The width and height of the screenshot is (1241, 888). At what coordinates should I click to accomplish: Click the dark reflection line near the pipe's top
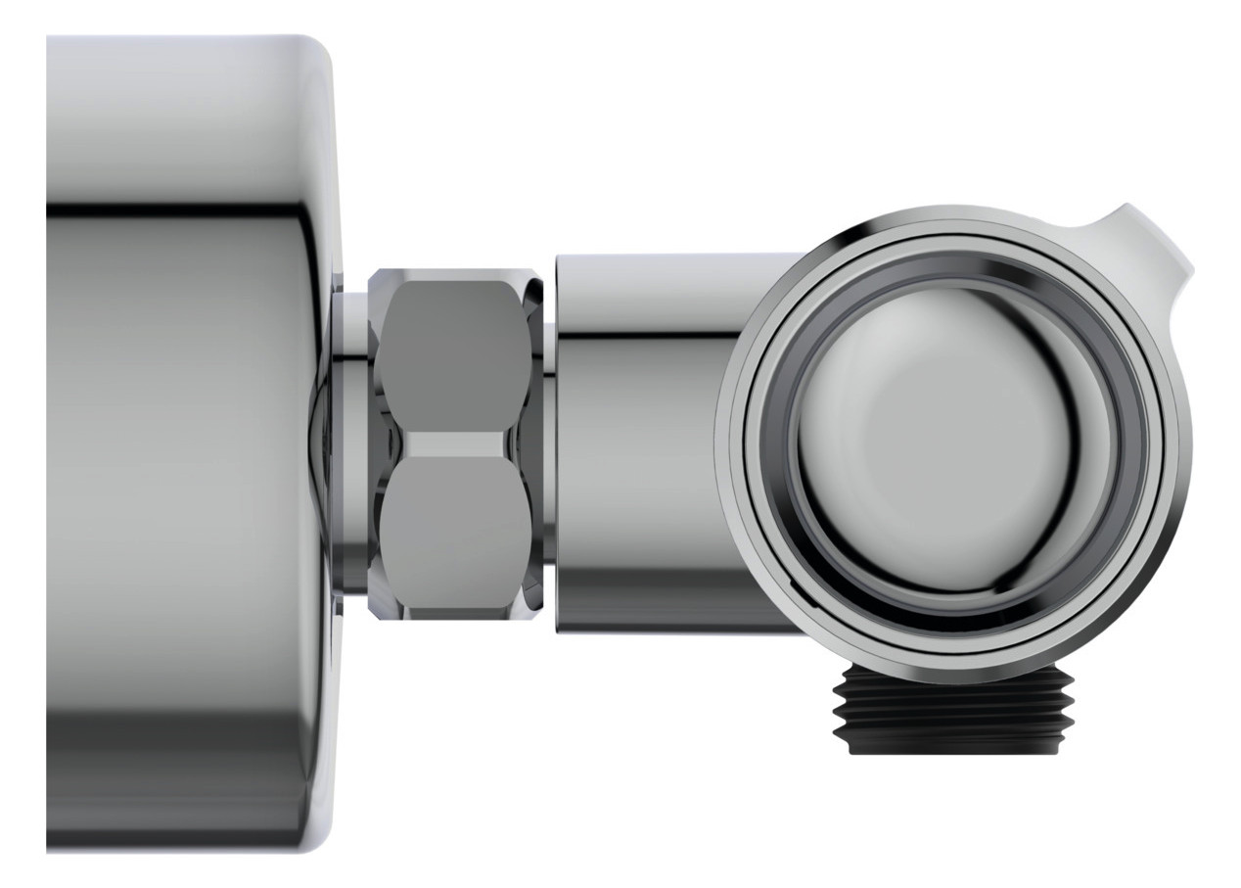coord(646,338)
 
